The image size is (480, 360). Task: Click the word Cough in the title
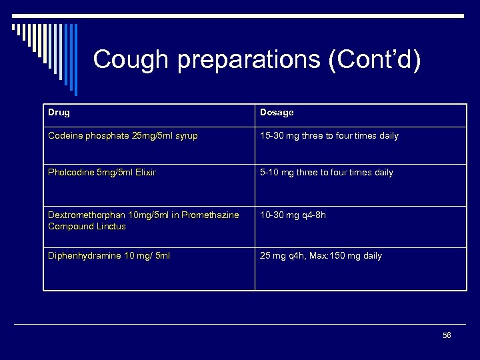pyautogui.click(x=131, y=60)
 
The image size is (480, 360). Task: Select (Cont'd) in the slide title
pyautogui.click(x=374, y=60)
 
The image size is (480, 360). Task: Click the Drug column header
pyautogui.click(x=59, y=113)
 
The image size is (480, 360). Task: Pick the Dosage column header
pyautogui.click(x=277, y=113)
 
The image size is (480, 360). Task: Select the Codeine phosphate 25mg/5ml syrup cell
pyautogui.click(x=122, y=136)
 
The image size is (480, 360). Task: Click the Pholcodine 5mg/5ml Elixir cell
pyautogui.click(x=102, y=173)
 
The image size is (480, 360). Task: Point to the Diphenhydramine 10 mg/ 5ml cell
pyautogui.click(x=109, y=256)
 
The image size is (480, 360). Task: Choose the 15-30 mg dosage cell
pyautogui.click(x=329, y=136)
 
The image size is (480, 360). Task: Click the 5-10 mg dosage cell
pyautogui.click(x=326, y=173)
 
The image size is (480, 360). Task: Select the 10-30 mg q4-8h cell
pyautogui.click(x=293, y=215)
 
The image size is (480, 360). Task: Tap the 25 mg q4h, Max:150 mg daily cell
pyautogui.click(x=321, y=256)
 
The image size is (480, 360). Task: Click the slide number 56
pyautogui.click(x=447, y=335)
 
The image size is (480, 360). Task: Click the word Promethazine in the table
pyautogui.click(x=208, y=215)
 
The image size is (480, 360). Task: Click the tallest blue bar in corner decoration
pyautogui.click(x=75, y=60)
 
